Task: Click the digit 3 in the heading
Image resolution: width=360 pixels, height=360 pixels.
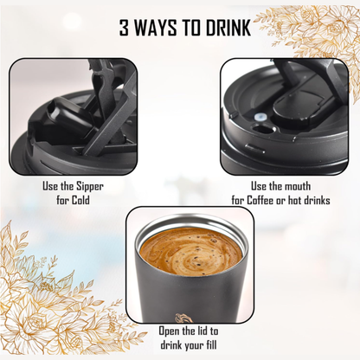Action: (125, 28)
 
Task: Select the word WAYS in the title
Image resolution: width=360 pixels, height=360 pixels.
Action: (153, 28)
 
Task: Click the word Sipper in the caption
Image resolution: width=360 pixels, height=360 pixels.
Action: (90, 186)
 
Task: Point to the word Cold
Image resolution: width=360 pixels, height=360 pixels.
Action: (80, 200)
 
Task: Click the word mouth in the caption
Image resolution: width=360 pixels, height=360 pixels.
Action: (297, 186)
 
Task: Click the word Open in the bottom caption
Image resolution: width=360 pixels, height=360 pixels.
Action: (170, 331)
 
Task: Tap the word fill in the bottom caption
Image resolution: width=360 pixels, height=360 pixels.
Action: (211, 344)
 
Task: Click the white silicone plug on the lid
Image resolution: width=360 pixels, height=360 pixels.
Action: (260, 117)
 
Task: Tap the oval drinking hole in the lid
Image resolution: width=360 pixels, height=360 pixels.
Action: (262, 129)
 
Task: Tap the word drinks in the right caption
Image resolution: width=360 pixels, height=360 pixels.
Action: (317, 200)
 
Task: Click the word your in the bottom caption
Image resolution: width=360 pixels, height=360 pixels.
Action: (193, 345)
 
